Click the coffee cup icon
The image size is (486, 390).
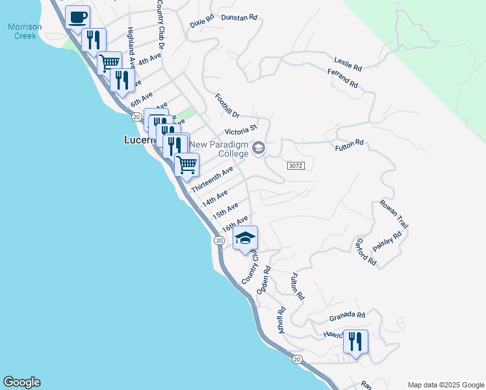(x=78, y=18)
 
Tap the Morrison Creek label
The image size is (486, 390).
(x=25, y=31)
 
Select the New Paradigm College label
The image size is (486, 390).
(x=220, y=149)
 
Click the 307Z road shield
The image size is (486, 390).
(x=295, y=166)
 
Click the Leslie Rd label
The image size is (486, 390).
(x=348, y=63)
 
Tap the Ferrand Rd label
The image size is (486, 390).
(x=343, y=81)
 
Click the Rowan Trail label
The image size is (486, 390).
(x=394, y=214)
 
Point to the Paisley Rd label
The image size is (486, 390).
(x=388, y=241)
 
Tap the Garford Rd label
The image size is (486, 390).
(x=366, y=252)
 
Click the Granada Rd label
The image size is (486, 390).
(x=347, y=316)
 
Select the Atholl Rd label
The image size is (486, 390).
(x=281, y=319)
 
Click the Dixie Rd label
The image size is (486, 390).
(x=201, y=22)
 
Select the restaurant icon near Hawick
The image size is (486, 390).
(x=355, y=341)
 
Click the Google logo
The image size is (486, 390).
(x=21, y=382)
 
